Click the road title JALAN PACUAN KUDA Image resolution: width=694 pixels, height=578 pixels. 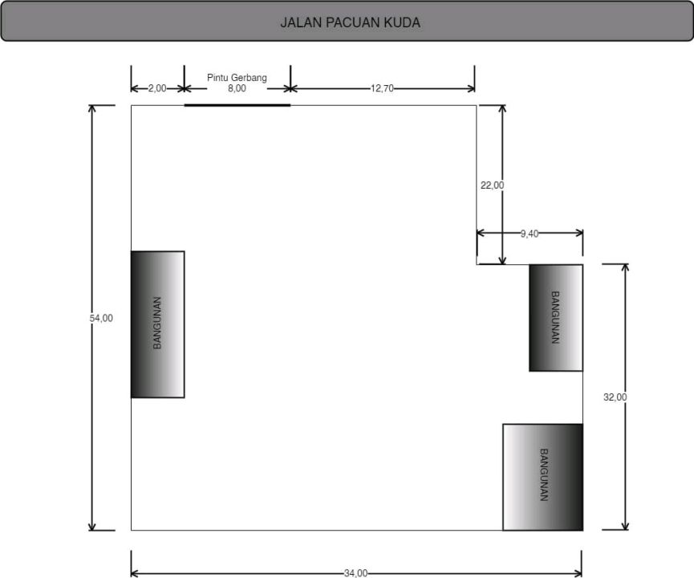click(350, 22)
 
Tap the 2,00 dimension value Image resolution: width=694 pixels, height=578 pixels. click(157, 88)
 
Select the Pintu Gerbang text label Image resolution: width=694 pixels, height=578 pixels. click(237, 78)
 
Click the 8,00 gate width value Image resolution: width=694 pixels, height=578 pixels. click(237, 88)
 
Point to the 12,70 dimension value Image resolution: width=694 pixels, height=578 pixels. click(382, 88)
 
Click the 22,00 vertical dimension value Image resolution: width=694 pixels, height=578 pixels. click(492, 185)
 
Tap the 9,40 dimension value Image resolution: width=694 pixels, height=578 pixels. click(530, 234)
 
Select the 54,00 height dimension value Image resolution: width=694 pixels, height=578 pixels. click(101, 318)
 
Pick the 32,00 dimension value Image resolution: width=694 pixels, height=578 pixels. click(615, 397)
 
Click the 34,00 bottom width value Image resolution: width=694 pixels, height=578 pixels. click(356, 573)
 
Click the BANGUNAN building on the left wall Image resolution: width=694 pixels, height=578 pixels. click(157, 324)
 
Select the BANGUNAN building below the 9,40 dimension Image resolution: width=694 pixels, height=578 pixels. click(556, 318)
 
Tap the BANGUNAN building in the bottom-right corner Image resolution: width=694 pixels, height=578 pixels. click(542, 477)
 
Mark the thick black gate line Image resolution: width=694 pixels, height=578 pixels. click(237, 105)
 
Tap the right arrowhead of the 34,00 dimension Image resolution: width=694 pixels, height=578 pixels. click(578, 573)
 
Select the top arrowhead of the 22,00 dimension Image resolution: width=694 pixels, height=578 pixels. click(502, 109)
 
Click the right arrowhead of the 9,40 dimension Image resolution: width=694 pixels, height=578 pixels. click(578, 233)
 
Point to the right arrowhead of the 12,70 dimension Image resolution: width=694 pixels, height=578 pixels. click(470, 88)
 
